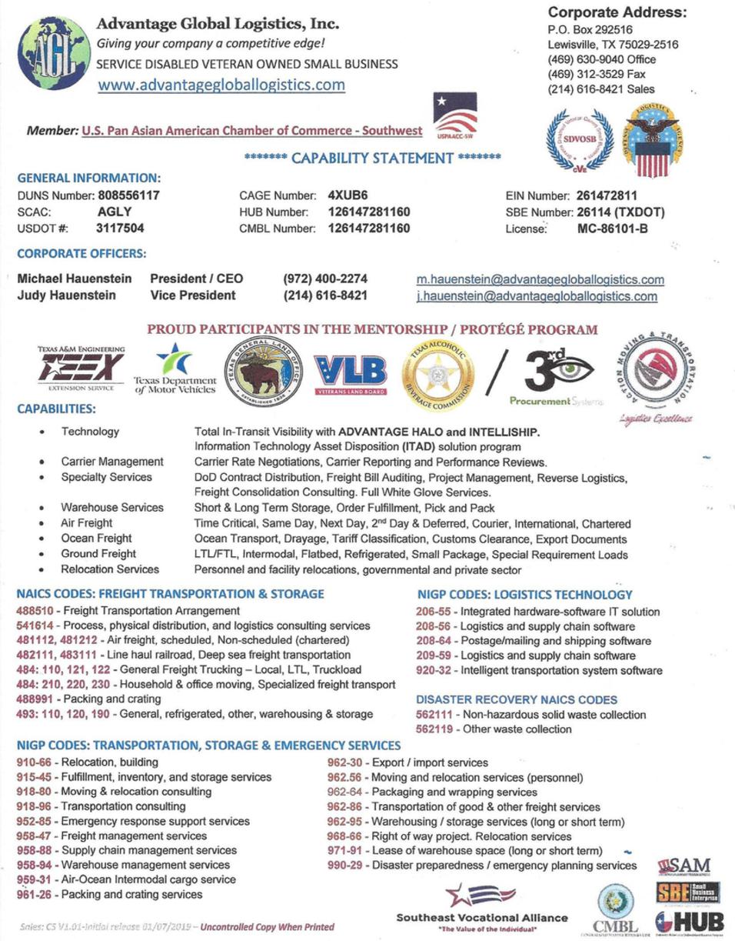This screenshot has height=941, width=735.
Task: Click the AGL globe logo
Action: coord(53,53)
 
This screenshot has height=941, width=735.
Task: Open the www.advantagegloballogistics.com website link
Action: coord(221,85)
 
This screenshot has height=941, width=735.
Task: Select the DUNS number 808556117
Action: coord(128,195)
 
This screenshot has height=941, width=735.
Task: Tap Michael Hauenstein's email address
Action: coord(540,279)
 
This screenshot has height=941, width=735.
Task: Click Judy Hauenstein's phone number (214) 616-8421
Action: coord(325,295)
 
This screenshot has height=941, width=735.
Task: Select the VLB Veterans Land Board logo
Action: coord(350,375)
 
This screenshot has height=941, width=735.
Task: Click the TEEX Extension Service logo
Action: coord(81,370)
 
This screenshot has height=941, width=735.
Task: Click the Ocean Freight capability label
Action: coord(97,539)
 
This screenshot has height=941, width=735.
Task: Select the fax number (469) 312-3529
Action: coord(585,74)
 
